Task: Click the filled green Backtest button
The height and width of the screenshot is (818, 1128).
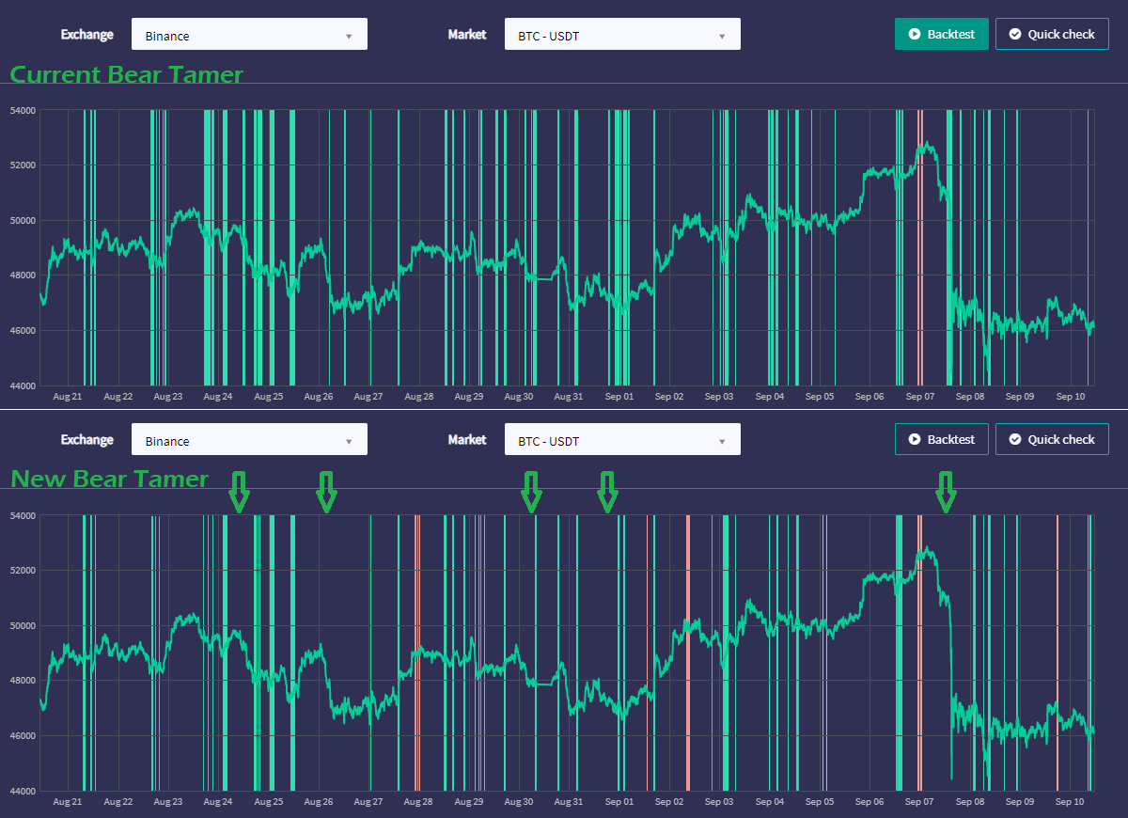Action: click(941, 34)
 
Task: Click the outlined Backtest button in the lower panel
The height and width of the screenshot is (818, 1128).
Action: click(941, 439)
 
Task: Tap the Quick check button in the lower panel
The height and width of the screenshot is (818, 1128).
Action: click(1052, 439)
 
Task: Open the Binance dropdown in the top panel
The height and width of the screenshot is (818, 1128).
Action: click(249, 34)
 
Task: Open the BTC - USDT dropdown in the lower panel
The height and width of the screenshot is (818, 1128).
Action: click(622, 439)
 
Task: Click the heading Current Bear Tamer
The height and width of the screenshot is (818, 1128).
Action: click(126, 74)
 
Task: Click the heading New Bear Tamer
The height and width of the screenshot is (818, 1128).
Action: click(109, 479)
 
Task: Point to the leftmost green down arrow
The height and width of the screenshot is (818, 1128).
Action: click(239, 492)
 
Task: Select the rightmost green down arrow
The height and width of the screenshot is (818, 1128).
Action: click(946, 492)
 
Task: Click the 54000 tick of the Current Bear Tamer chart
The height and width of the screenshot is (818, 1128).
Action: click(23, 110)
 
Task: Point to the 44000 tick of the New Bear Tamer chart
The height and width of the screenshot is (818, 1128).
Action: click(23, 791)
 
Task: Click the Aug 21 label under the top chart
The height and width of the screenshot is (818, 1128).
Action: click(68, 397)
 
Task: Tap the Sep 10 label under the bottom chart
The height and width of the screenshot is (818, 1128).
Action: click(1070, 801)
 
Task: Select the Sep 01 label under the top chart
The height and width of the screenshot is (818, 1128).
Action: click(619, 397)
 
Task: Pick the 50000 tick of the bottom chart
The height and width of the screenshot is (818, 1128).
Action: click(23, 625)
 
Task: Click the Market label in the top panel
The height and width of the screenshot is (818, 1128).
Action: click(467, 34)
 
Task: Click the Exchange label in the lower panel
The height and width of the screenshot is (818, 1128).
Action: click(87, 440)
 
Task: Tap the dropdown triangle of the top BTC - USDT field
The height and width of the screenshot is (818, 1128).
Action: click(722, 37)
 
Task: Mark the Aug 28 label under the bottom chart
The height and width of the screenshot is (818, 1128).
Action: click(418, 801)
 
